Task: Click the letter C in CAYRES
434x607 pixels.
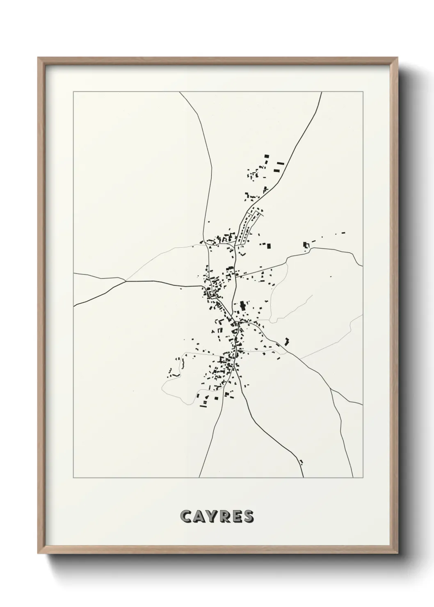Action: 185,516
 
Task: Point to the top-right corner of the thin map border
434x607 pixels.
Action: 363,92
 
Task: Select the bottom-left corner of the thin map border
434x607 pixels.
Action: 73,478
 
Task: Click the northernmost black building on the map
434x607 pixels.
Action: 266,156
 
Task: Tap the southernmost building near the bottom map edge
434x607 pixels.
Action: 302,462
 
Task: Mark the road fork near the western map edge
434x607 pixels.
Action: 125,281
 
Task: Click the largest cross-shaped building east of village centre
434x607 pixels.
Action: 242,306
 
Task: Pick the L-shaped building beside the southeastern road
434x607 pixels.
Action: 287,340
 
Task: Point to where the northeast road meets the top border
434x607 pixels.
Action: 322,92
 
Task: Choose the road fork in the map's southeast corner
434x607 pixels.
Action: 331,390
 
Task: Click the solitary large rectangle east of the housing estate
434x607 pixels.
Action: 269,246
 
